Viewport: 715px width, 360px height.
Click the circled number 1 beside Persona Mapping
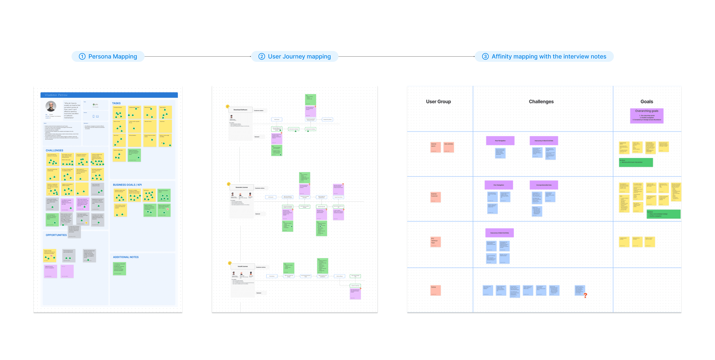coord(82,57)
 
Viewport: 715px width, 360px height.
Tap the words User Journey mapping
coord(299,57)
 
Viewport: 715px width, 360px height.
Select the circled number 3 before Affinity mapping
coord(485,57)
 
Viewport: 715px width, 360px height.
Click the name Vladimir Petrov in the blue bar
coord(56,95)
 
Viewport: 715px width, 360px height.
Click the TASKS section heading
coord(116,103)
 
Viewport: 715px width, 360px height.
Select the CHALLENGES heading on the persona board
coord(54,150)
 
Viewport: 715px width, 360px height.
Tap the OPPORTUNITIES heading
coord(56,235)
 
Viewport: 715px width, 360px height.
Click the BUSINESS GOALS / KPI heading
coord(127,185)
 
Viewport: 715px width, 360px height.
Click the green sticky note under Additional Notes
coord(120,268)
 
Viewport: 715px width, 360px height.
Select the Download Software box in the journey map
coord(240,110)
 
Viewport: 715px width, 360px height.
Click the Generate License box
coord(242,187)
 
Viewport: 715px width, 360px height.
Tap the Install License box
coord(243,267)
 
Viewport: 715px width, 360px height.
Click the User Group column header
coord(438,102)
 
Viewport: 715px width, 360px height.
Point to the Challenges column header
coord(541,102)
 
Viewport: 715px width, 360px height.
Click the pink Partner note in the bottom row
coord(435,290)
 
